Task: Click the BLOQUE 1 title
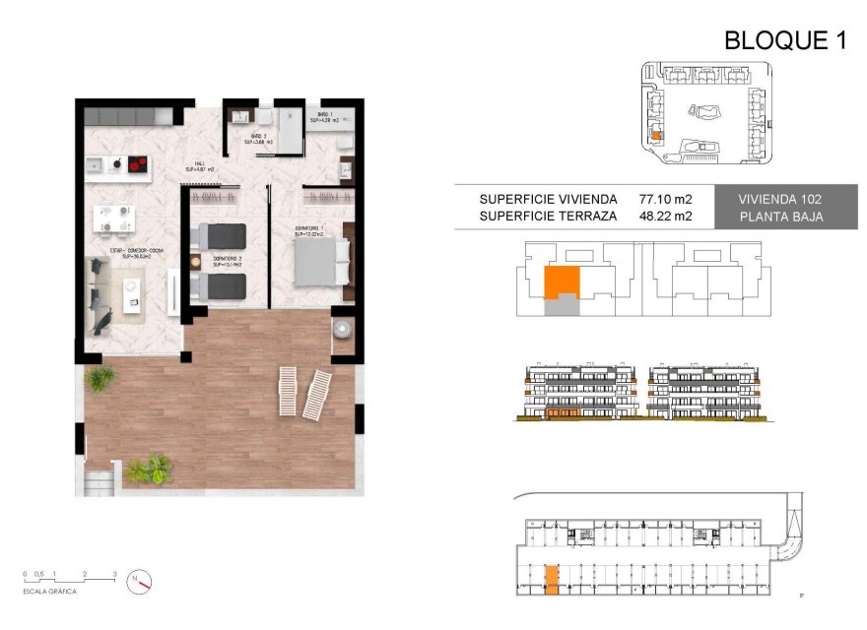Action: click(785, 40)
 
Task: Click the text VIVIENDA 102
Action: click(780, 199)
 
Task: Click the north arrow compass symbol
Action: click(139, 582)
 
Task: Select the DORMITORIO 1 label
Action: click(308, 230)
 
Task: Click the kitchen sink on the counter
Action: click(95, 163)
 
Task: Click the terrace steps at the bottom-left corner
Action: click(100, 481)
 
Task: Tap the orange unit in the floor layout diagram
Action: click(561, 283)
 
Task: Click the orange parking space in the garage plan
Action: click(551, 579)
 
